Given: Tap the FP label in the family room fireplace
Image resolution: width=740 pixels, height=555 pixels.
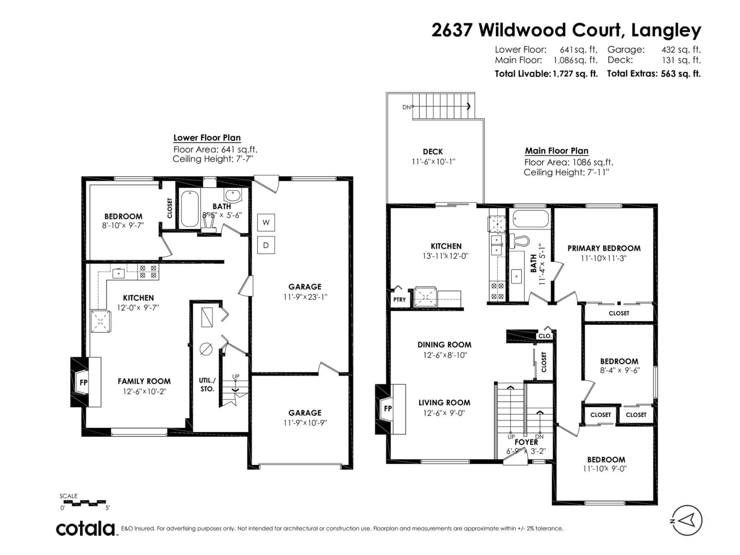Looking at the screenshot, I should coord(83,382).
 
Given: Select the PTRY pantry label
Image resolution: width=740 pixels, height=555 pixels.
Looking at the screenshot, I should coord(399,300).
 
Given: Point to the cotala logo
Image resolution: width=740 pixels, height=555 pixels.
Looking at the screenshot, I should coord(85,529).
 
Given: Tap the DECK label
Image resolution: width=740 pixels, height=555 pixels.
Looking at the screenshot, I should coord(433,151).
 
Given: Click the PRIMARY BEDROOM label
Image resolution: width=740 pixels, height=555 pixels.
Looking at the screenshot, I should coord(604,248).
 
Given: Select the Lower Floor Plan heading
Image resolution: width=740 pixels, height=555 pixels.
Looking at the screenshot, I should coord(207,138).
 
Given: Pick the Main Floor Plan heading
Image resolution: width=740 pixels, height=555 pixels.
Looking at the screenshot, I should coord(556,151).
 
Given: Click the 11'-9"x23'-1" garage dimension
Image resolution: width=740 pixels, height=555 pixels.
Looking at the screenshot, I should coord(305,297).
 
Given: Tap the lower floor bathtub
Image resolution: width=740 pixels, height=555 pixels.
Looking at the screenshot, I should coord(190,209).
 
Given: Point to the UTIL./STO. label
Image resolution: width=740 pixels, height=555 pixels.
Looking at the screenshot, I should coord(207,385).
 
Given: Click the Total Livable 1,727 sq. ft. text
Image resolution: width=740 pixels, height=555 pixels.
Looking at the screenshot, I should coord(546,74).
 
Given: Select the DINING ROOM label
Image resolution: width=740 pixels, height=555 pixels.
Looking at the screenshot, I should coord(444,345).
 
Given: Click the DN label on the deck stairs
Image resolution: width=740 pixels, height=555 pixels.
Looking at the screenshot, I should coord(406,107).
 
